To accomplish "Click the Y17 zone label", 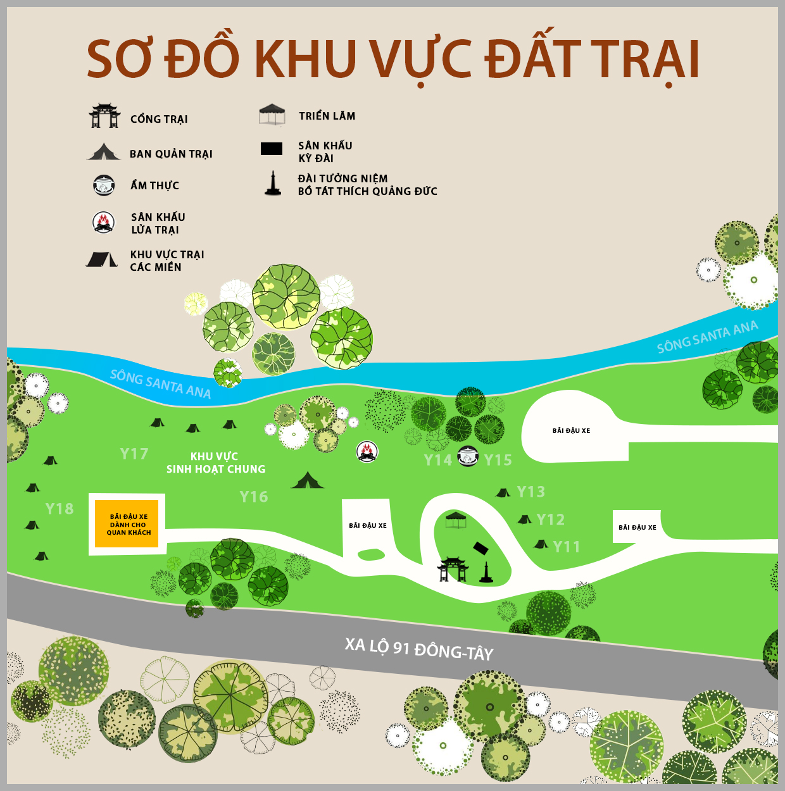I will click(134, 454).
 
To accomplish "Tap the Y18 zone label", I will click(60, 509).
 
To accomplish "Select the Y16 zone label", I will click(254, 497).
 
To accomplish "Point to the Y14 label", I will click(438, 460).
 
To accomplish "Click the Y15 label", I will click(498, 460).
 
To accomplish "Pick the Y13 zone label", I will click(531, 492).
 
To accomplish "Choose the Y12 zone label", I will click(550, 520).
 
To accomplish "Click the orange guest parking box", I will click(129, 524).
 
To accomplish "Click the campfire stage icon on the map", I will click(367, 452).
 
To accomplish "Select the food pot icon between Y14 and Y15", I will click(468, 456).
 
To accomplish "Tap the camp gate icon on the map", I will click(453, 569).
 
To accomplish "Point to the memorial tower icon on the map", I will click(486, 572).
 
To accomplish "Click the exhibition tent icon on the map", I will click(456, 521).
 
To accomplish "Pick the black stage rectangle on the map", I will click(482, 548).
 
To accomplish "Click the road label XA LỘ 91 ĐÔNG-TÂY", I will click(418, 649).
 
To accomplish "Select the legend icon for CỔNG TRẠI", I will click(104, 116).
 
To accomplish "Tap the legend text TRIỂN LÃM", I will click(327, 116).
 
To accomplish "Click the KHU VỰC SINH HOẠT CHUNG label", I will click(215, 463).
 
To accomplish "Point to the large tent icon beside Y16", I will click(308, 480).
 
